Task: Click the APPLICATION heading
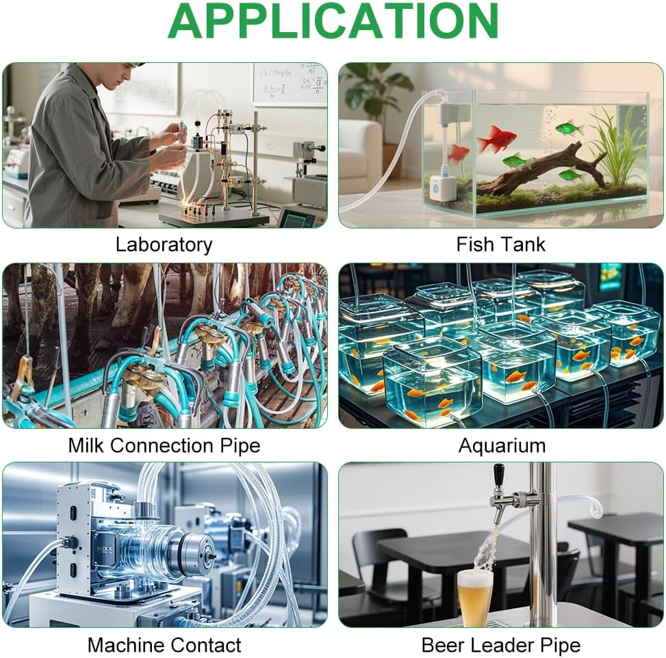coord(333,21)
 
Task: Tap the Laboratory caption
coord(164,245)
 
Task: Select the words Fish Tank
coord(501,244)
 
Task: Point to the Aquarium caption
coord(502,446)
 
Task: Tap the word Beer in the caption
coord(443,645)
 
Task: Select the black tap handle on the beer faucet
coord(499,474)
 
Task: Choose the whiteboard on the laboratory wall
coord(290,83)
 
